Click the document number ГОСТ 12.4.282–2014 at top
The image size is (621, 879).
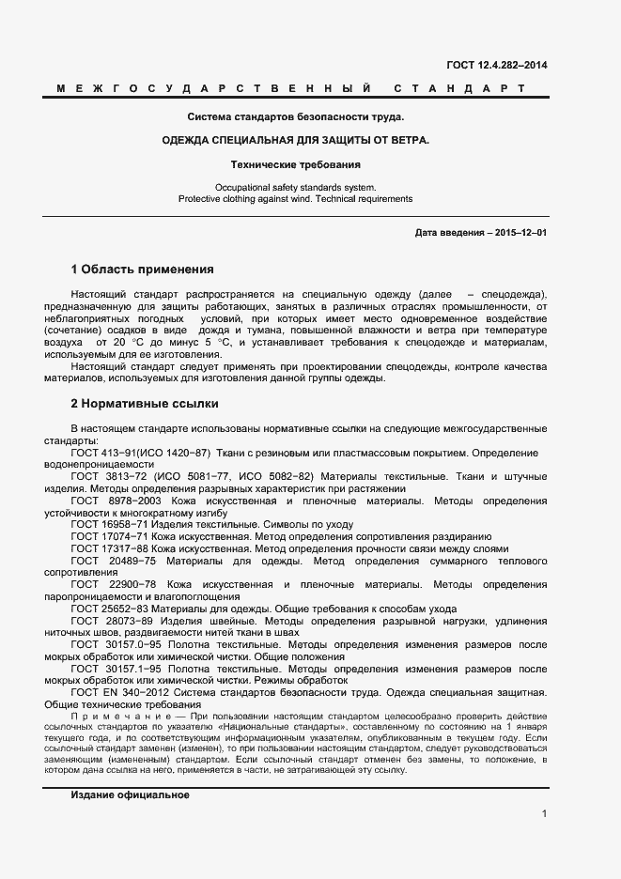point(497,65)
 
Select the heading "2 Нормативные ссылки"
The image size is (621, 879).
point(145,404)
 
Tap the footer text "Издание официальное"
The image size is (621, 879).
point(130,768)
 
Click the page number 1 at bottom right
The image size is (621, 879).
point(544,814)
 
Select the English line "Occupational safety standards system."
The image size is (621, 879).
point(295,187)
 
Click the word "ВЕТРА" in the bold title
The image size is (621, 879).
point(406,140)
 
